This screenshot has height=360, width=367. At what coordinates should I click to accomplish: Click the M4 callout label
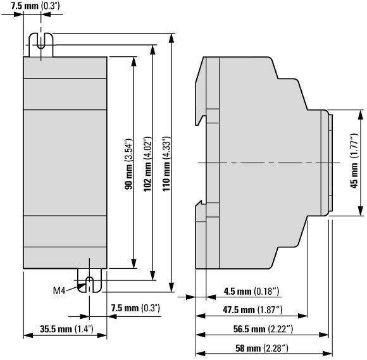(59, 290)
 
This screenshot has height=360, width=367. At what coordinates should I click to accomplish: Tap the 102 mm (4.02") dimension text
(147, 164)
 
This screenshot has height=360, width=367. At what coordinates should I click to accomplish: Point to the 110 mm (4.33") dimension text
(166, 164)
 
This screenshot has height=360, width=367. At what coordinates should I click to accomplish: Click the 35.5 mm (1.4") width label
(66, 329)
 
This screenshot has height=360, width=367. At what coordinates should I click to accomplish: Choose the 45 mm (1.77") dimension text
(354, 161)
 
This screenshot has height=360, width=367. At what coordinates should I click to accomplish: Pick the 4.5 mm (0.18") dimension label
(251, 292)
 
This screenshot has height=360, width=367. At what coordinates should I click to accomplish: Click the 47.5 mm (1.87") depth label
(252, 310)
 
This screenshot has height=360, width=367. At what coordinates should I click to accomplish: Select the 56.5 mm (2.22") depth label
(263, 330)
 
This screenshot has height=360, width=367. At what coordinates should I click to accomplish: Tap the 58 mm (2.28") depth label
(262, 349)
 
